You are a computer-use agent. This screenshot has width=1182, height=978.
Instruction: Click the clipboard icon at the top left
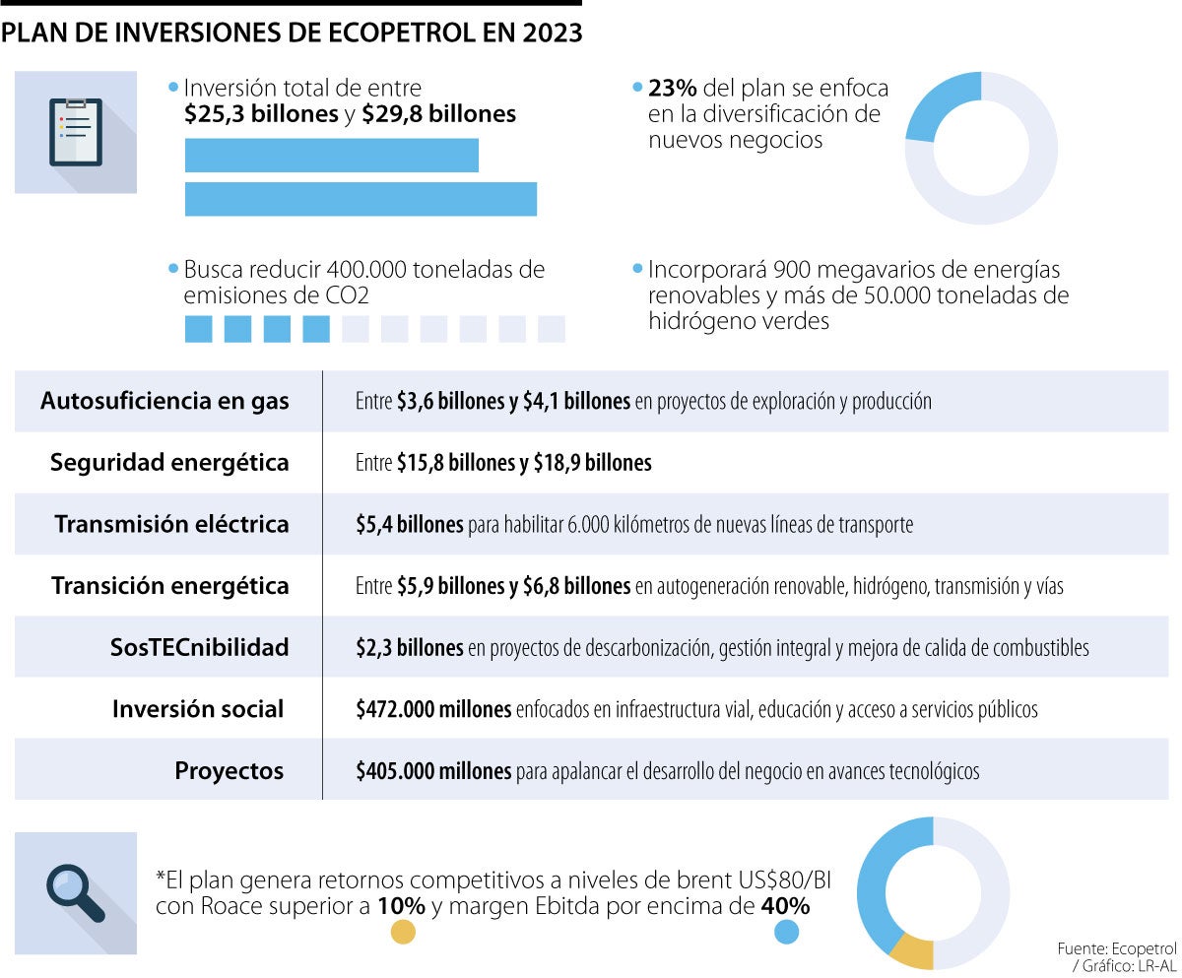(75, 131)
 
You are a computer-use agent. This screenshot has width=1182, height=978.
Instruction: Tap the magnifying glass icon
(75, 892)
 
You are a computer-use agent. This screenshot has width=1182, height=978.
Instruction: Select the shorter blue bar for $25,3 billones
(332, 156)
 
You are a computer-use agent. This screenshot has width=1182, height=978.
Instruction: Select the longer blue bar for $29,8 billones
(361, 199)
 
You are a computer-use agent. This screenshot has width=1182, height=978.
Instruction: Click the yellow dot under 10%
(403, 932)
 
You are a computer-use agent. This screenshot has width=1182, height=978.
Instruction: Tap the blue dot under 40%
(787, 932)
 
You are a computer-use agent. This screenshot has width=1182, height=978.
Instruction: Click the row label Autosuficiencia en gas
(164, 401)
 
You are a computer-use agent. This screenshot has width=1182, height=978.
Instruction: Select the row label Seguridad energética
(169, 462)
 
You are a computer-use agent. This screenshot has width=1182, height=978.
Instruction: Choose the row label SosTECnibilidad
(200, 647)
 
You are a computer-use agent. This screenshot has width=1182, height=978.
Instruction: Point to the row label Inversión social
(198, 708)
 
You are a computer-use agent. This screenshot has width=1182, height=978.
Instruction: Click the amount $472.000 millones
(433, 709)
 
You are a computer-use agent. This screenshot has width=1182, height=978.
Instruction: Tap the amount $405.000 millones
(433, 770)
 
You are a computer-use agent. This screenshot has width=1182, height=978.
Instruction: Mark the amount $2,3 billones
(410, 648)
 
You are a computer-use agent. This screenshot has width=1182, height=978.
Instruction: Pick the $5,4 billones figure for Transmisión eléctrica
(410, 525)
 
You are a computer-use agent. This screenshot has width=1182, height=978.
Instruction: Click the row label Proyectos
(230, 770)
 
